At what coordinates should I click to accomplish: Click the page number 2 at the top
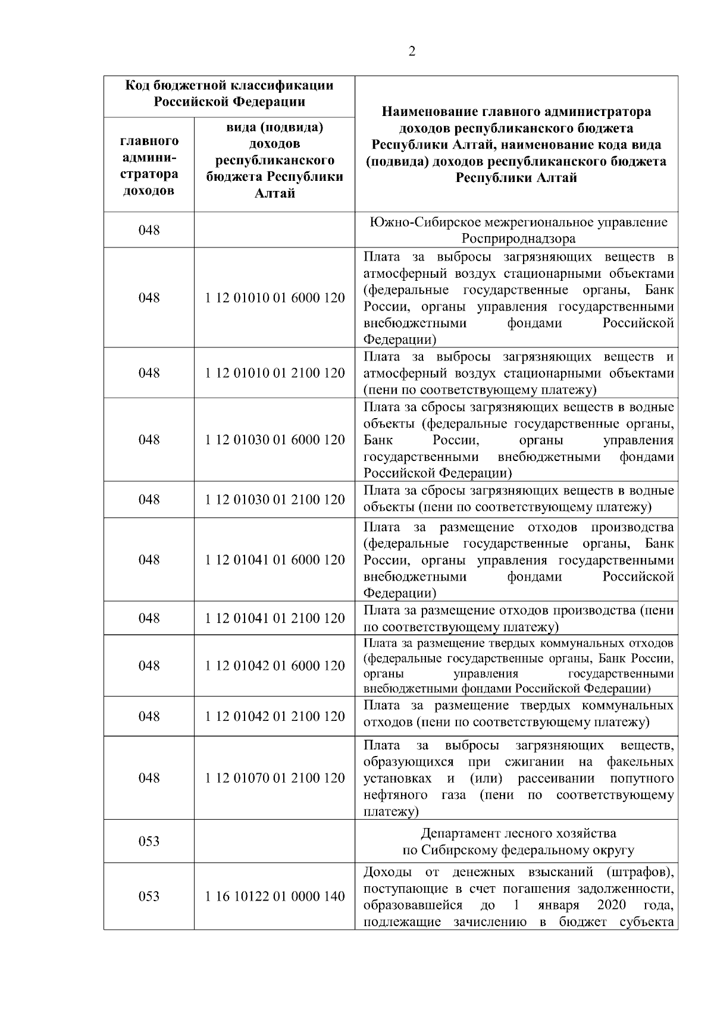(x=412, y=51)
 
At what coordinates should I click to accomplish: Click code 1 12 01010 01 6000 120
(x=275, y=297)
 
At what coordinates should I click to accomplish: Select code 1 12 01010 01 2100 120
(x=275, y=373)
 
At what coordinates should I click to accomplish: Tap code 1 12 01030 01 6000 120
(x=275, y=440)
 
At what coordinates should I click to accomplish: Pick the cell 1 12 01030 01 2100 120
(x=275, y=500)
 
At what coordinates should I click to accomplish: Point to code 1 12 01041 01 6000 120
(x=275, y=560)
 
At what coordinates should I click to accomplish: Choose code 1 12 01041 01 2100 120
(x=275, y=618)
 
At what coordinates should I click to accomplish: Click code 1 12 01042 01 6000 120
(x=275, y=666)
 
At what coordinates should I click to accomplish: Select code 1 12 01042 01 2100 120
(x=275, y=716)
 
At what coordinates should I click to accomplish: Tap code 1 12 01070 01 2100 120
(x=275, y=778)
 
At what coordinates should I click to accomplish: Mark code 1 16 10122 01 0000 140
(x=275, y=896)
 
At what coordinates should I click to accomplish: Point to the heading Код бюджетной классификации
(x=229, y=86)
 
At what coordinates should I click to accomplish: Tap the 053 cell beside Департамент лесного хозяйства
(x=149, y=841)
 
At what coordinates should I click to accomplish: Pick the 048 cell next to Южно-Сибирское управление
(x=149, y=230)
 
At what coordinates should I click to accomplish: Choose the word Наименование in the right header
(x=430, y=112)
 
